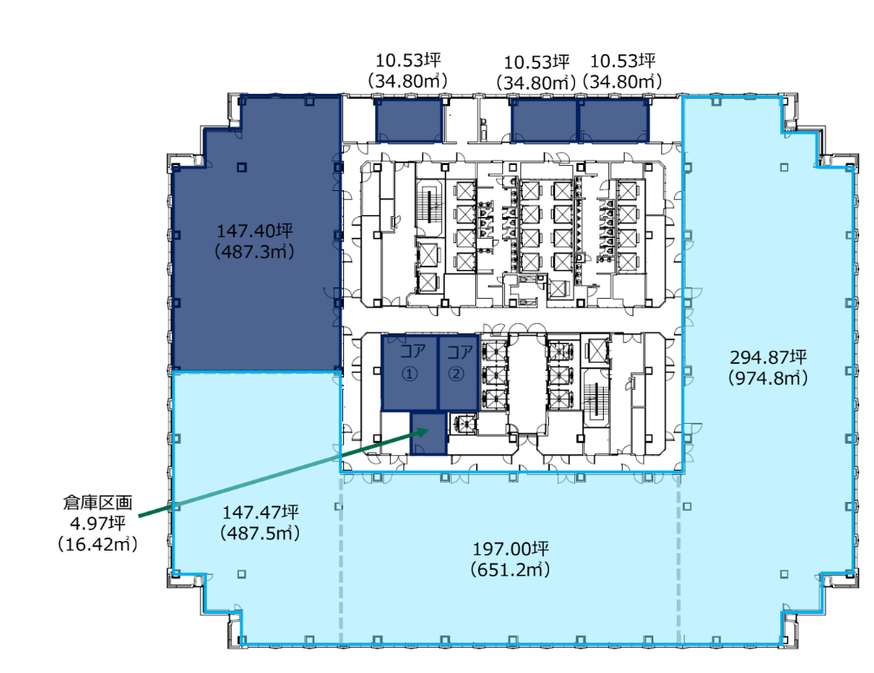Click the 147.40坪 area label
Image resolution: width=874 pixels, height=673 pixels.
pyautogui.click(x=255, y=231)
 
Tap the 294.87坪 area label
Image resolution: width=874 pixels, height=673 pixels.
pyautogui.click(x=768, y=357)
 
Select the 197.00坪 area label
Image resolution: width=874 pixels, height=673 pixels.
pyautogui.click(x=511, y=549)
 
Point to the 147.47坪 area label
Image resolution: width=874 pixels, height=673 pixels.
pyautogui.click(x=261, y=512)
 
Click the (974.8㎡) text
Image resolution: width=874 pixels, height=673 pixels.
pyautogui.click(x=768, y=379)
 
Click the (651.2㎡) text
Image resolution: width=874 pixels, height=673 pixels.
pyautogui.click(x=510, y=570)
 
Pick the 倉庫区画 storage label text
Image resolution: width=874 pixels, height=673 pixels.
pyautogui.click(x=97, y=503)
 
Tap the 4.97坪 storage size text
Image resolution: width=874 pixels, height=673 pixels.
pyautogui.click(x=97, y=523)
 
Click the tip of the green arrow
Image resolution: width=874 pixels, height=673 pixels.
pyautogui.click(x=428, y=430)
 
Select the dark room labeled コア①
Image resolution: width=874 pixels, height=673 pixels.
pyautogui.click(x=410, y=373)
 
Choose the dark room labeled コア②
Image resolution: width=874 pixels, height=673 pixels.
pyautogui.click(x=458, y=373)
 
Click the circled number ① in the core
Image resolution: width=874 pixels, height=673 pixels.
pyautogui.click(x=410, y=373)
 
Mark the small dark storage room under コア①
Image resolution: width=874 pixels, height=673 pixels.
pyautogui.click(x=428, y=434)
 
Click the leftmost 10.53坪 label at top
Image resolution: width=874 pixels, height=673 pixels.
pyautogui.click(x=408, y=60)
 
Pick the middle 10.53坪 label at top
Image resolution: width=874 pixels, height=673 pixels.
pyautogui.click(x=537, y=62)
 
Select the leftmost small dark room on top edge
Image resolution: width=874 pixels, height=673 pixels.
pyautogui.click(x=409, y=121)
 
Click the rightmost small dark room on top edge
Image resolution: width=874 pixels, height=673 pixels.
pyautogui.click(x=614, y=121)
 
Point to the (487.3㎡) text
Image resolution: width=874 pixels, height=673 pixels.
pyautogui.click(x=255, y=252)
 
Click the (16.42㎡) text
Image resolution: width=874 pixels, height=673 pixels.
pyautogui.click(x=97, y=544)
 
